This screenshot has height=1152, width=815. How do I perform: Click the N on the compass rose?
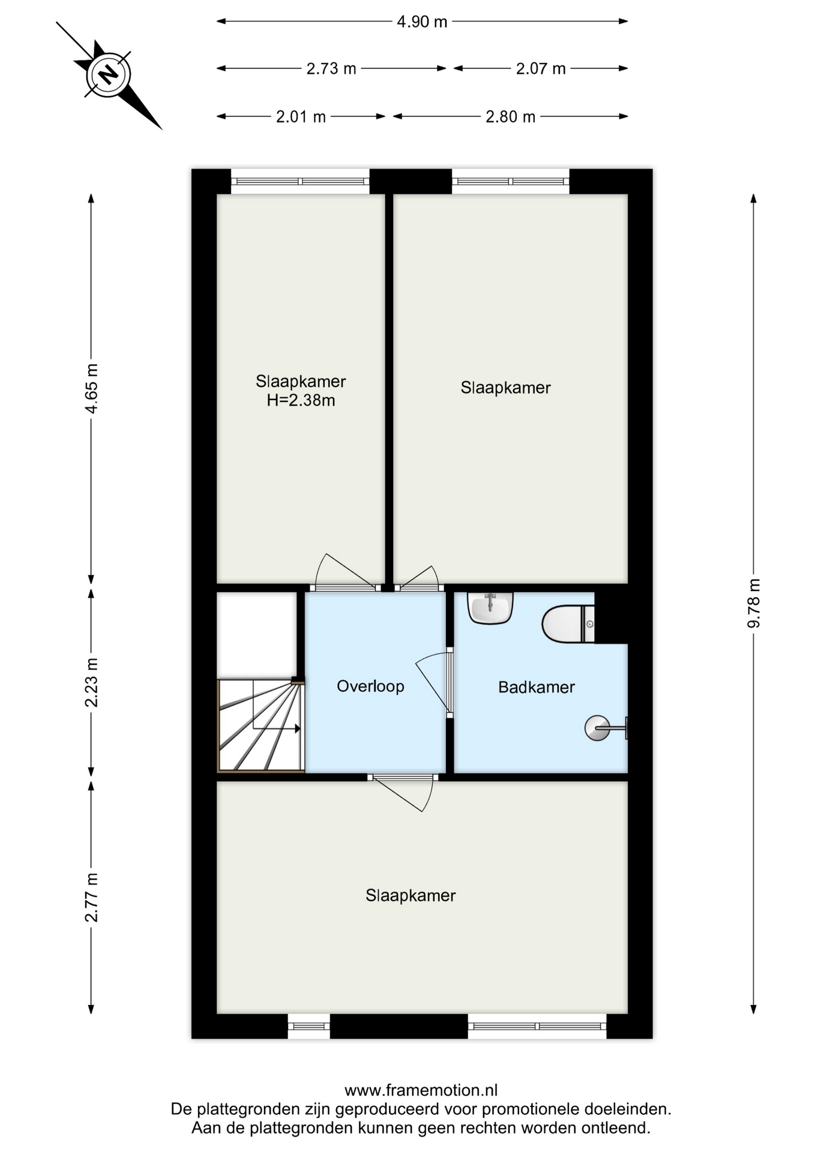pos(108,75)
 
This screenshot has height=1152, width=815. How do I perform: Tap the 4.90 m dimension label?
pos(422,22)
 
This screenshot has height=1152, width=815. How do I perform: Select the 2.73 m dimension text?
pos(331,69)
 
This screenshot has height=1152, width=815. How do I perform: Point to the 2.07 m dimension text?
pos(541,69)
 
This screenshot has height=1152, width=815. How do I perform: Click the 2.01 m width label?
pos(301,117)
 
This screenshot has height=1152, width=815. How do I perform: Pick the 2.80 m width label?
pos(510,117)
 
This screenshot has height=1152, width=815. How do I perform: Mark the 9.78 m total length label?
pos(754,603)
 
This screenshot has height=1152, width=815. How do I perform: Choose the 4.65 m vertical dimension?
pos(91,388)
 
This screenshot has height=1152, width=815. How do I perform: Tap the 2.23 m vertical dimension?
pos(91,682)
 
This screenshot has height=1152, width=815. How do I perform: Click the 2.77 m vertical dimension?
pos(91,897)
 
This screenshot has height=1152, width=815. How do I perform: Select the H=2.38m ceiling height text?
pos(301,400)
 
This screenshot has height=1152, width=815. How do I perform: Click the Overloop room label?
pos(370,686)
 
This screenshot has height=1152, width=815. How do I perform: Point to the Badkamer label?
pos(537,687)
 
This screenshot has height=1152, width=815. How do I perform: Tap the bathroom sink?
pos(490,608)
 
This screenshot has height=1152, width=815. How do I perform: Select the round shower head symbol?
pos(597,728)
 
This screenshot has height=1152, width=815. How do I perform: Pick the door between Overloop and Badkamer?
pos(450,682)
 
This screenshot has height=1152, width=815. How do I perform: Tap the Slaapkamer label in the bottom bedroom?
pos(411,896)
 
